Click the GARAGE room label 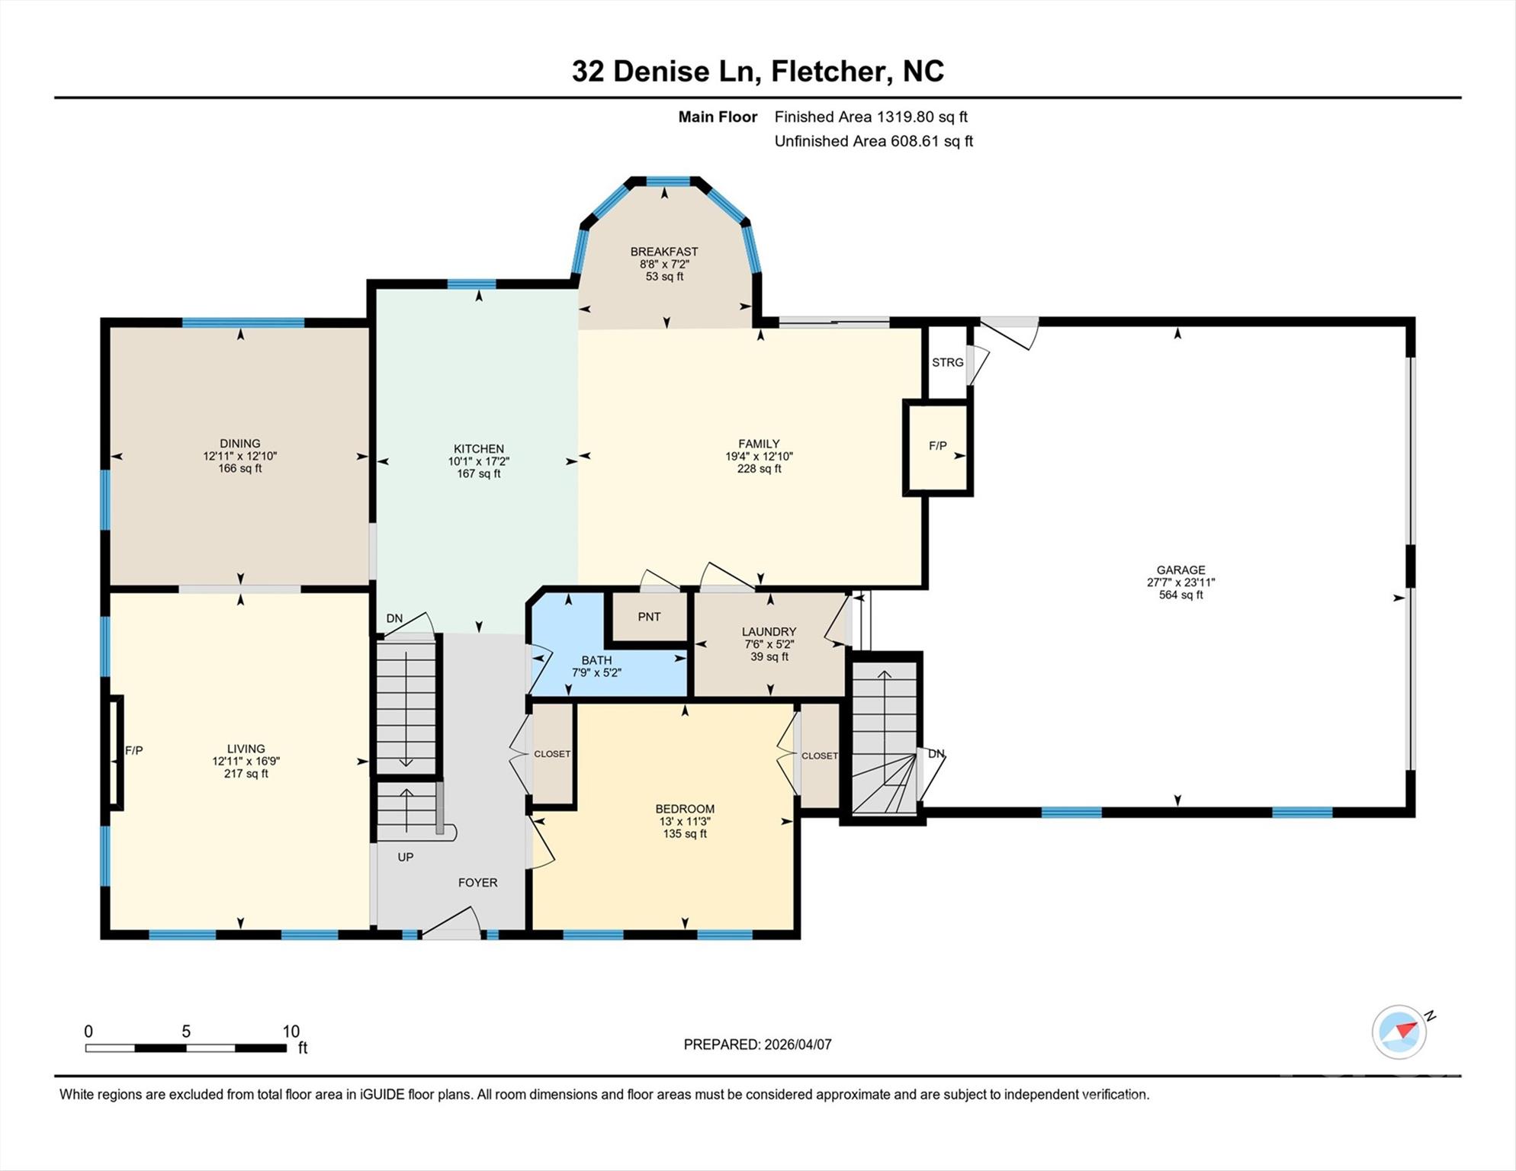(x=1180, y=569)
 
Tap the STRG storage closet (x=947, y=362)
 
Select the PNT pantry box (x=649, y=617)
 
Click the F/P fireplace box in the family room (x=937, y=447)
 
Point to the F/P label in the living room (x=134, y=751)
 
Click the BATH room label (x=596, y=660)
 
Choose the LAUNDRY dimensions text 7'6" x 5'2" (x=769, y=644)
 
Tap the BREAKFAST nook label (x=663, y=252)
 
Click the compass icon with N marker (x=1399, y=1031)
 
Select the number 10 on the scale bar (x=291, y=1031)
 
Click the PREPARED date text (x=757, y=1044)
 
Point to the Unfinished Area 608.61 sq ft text (x=873, y=141)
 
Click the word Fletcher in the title (x=830, y=72)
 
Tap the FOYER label (x=477, y=883)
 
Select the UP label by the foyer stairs (x=406, y=858)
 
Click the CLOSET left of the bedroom (x=552, y=754)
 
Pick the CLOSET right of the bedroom (x=820, y=756)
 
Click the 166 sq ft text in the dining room (x=239, y=469)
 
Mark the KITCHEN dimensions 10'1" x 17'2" (x=478, y=461)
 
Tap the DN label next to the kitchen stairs (x=394, y=618)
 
